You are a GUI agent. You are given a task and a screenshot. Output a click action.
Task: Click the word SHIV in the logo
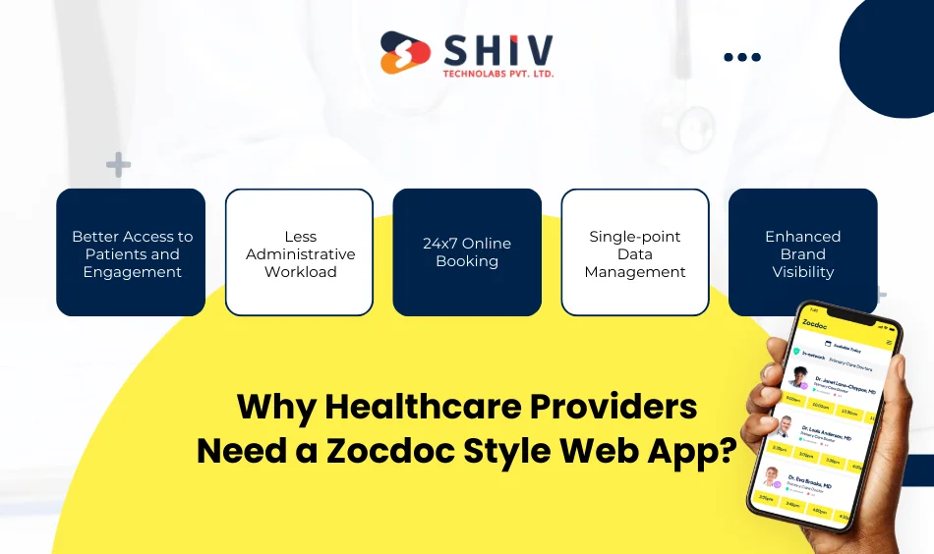(x=497, y=49)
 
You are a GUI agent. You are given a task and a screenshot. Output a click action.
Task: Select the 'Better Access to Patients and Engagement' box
(x=131, y=252)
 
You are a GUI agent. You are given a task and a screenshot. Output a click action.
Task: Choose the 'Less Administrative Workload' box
(x=299, y=252)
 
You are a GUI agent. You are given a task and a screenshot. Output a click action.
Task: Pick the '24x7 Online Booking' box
(x=467, y=252)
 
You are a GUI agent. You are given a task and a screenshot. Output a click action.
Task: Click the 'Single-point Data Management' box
(x=635, y=252)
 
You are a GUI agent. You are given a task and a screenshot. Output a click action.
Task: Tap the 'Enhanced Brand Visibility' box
(x=802, y=252)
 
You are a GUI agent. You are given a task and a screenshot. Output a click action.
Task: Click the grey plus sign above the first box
(x=118, y=165)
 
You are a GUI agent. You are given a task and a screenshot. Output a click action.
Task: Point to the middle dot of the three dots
(x=742, y=57)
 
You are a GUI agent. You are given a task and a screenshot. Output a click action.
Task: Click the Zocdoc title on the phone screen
(x=814, y=326)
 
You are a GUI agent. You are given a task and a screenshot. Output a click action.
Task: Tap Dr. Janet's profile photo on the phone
(x=797, y=378)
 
